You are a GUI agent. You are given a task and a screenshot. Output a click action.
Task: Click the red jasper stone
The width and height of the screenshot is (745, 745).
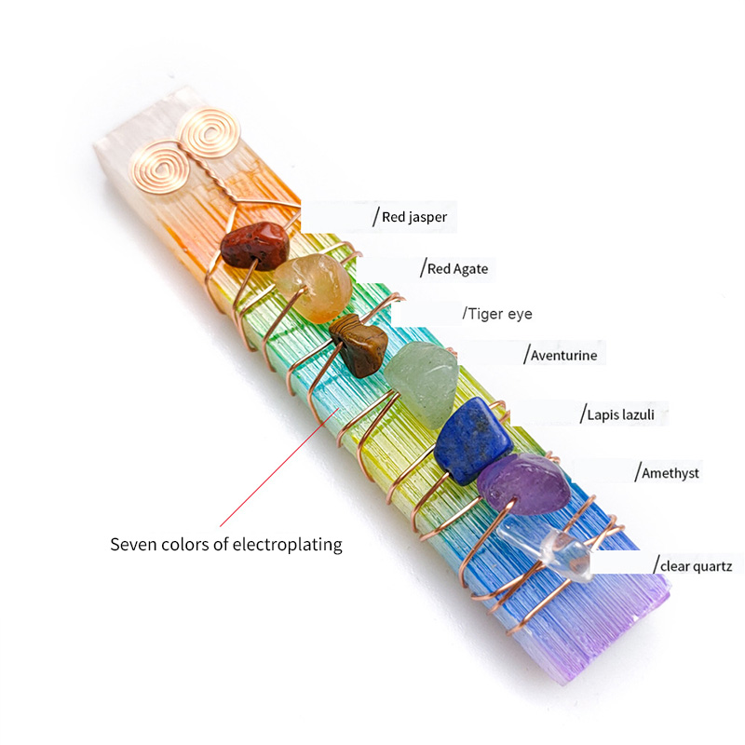point(253,244)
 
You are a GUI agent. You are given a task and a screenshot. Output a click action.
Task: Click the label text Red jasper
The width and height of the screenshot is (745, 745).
point(414,217)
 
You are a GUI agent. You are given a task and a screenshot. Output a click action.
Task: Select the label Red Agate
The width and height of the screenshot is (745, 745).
point(457,269)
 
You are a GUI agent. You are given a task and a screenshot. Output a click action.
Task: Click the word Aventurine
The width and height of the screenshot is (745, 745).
point(563,355)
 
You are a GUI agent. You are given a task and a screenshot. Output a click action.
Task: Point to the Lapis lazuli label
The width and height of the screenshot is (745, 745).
point(627,413)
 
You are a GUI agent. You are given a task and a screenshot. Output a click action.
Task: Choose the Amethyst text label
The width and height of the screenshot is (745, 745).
point(670,473)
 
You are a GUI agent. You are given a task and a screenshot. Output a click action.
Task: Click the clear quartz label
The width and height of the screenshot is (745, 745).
point(698,565)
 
